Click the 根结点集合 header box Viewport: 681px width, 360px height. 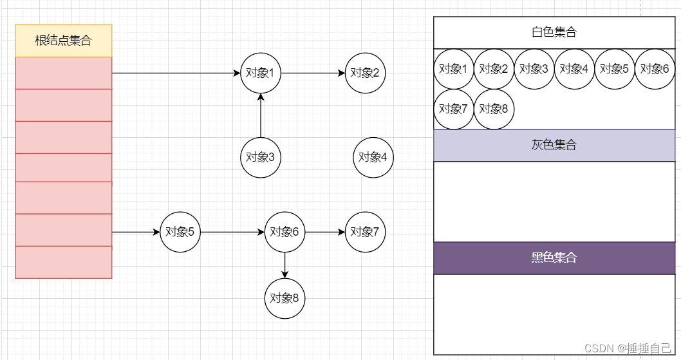pyautogui.click(x=63, y=41)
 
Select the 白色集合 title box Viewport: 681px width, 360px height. pyautogui.click(x=554, y=32)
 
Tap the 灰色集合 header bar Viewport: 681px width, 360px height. pyautogui.click(x=554, y=145)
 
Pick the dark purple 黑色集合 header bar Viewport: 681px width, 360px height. pyautogui.click(x=554, y=258)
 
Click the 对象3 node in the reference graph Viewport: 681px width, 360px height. pyautogui.click(x=261, y=156)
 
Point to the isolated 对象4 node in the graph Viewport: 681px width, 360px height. pyautogui.click(x=373, y=156)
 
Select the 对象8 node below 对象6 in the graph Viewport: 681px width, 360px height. pyautogui.click(x=285, y=298)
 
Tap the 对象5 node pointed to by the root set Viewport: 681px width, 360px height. pyautogui.click(x=180, y=232)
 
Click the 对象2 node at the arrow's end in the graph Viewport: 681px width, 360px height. pyautogui.click(x=366, y=73)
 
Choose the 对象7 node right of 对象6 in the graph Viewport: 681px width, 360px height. pyautogui.click(x=366, y=232)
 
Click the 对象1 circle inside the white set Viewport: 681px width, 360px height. pyautogui.click(x=454, y=69)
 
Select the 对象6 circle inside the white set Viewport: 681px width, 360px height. pyautogui.click(x=655, y=69)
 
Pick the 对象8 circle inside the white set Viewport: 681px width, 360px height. pyautogui.click(x=494, y=109)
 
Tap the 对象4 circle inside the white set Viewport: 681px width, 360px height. pyautogui.click(x=574, y=69)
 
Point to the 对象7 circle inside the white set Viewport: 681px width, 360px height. pyautogui.click(x=454, y=109)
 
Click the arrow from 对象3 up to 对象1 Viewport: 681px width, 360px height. pyautogui.click(x=261, y=116)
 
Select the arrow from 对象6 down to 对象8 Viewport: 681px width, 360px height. pyautogui.click(x=285, y=264)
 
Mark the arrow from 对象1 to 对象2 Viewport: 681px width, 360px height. pyautogui.click(x=313, y=73)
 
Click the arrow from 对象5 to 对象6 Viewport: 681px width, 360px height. pyautogui.click(x=232, y=232)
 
